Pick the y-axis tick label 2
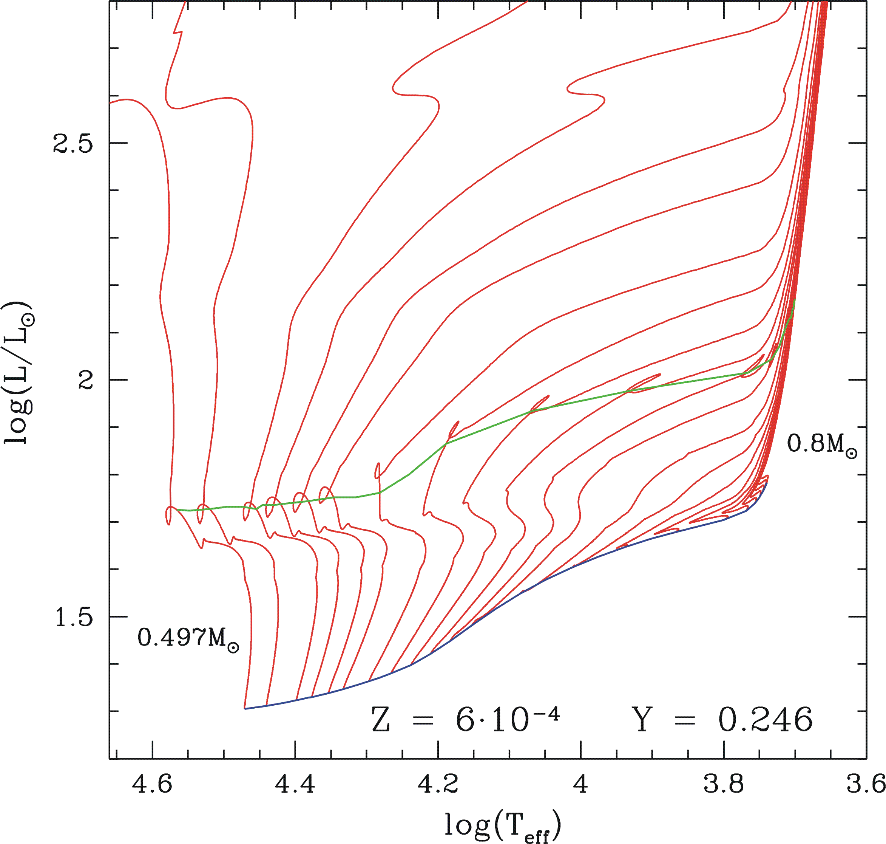point(85,381)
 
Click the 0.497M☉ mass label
point(188,638)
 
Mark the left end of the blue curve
point(245,709)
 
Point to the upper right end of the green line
point(795,299)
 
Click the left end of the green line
point(177,510)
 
